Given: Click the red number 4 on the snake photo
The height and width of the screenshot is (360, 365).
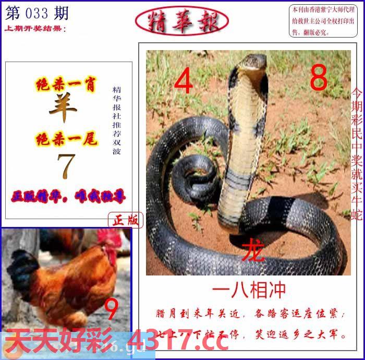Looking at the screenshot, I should (183, 82).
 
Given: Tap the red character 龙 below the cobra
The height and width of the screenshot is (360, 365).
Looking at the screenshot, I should (256, 250).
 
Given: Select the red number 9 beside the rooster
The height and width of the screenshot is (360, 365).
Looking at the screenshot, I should (112, 310).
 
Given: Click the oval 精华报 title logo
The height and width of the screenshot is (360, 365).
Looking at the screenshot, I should (181, 21).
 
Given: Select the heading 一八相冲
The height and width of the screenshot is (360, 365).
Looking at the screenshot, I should (249, 290).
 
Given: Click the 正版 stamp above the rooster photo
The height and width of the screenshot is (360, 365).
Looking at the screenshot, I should (126, 221).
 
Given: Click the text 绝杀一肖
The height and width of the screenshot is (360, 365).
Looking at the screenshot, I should (66, 86).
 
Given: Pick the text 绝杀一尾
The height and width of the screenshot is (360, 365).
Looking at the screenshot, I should (66, 139).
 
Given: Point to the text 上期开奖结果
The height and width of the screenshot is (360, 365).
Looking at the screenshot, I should (35, 28).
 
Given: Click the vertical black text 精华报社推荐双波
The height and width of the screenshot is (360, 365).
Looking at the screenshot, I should (116, 121).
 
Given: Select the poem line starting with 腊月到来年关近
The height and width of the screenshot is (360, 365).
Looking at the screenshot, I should (250, 315).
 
